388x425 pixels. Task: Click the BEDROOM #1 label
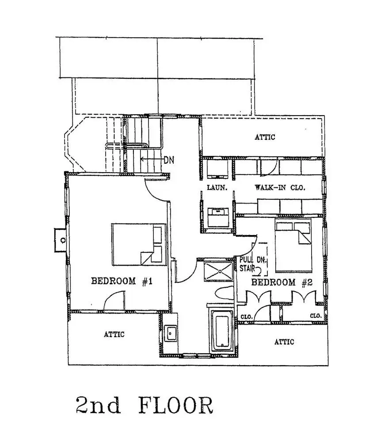122,281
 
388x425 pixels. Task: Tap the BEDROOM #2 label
282,282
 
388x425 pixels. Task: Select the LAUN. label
217,187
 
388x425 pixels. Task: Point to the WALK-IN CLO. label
280,187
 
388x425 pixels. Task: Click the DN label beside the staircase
169,160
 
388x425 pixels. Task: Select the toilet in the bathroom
224,293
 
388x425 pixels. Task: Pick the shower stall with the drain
219,271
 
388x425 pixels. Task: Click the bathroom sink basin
171,333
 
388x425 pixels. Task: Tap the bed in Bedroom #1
139,244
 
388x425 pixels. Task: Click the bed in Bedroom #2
293,245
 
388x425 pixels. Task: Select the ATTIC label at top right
265,137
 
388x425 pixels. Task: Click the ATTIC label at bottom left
114,334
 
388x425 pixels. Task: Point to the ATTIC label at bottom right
284,341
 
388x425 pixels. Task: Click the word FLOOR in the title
176,406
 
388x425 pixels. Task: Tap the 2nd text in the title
98,406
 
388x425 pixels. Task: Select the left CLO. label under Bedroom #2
247,317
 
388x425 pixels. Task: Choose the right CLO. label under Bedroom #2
316,316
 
